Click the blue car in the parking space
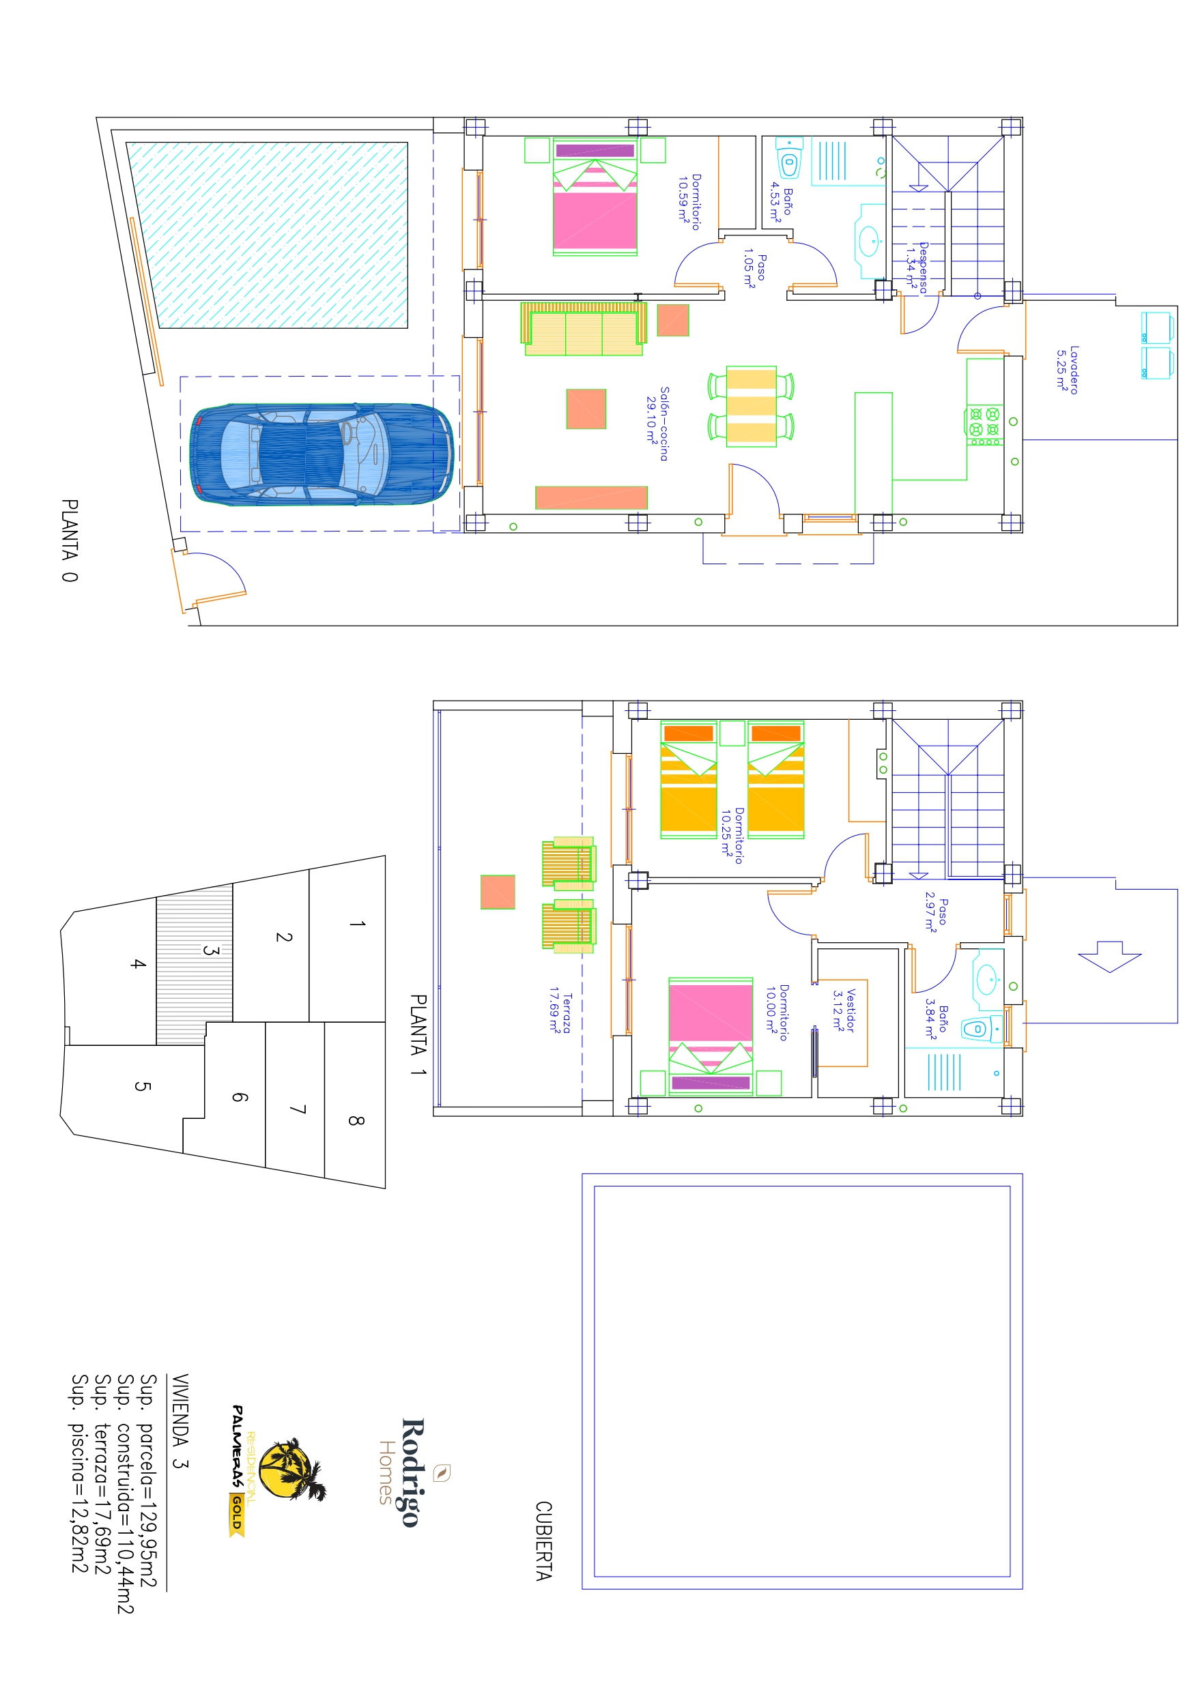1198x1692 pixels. coord(322,454)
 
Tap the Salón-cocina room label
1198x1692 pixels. coord(658,424)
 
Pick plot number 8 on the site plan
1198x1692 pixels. coord(356,1121)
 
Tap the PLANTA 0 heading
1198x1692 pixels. coord(70,540)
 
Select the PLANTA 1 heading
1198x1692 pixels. coord(418,1034)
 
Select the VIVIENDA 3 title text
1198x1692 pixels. coord(180,1420)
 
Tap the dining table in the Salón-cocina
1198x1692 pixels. coord(751,406)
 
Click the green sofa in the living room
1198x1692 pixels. coord(584,329)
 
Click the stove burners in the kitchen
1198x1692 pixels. coord(984,426)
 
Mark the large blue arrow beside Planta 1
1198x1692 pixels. coord(1109,957)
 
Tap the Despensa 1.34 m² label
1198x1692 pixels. coord(916,267)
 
